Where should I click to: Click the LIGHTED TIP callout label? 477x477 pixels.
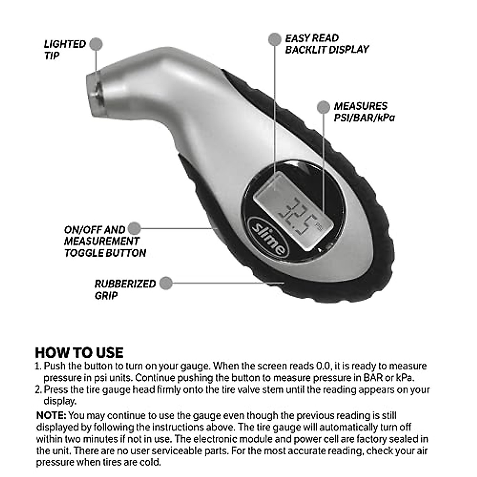point(65,49)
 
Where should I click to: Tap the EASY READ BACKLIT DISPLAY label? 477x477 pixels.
point(327,44)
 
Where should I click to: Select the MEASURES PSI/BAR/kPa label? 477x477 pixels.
point(364,112)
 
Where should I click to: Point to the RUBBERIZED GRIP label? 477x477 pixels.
point(125,289)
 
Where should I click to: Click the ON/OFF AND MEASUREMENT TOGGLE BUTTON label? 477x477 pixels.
point(105,241)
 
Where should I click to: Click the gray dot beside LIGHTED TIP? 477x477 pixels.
point(95,44)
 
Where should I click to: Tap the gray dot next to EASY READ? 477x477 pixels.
point(274,39)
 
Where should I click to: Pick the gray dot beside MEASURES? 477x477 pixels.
point(324,107)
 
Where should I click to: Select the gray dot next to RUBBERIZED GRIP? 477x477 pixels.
point(166,283)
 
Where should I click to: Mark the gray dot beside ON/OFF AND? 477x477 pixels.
point(134,228)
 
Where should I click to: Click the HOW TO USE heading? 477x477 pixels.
point(79,352)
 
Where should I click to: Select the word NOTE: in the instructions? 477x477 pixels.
point(51,416)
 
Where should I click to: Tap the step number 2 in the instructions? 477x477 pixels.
point(38,390)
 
